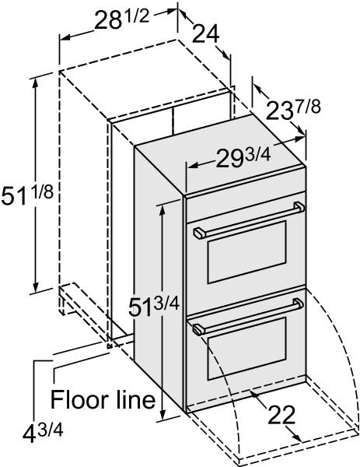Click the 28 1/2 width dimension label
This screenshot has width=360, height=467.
tap(121, 19)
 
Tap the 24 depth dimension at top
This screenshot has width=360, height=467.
tap(206, 33)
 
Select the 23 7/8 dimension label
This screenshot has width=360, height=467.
tap(293, 110)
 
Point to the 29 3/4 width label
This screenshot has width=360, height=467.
tap(243, 157)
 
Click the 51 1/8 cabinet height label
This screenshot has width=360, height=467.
tap(27, 195)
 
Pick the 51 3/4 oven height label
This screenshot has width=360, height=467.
tap(153, 307)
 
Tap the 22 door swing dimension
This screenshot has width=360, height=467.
tap(281, 414)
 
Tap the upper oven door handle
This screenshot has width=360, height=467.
tap(249, 219)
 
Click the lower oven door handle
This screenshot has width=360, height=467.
tap(248, 317)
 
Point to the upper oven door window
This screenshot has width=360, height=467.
tap(247, 252)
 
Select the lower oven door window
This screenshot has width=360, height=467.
tap(247, 349)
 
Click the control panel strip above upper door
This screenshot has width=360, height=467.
tap(246, 181)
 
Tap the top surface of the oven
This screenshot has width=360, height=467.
tap(220, 148)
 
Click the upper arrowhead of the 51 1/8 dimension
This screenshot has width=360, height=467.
tap(36, 84)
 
